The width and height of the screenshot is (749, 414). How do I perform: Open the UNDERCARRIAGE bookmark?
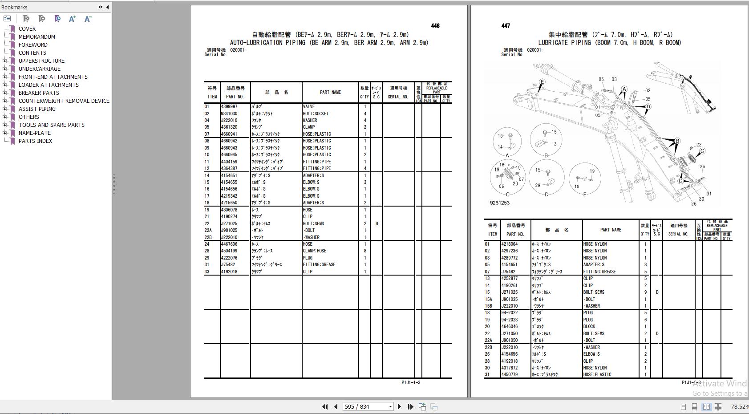39,69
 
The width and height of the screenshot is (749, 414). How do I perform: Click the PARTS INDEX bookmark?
35,141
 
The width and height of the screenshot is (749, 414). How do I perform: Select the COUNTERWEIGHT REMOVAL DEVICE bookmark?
64,101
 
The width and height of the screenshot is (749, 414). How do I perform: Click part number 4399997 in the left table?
229,107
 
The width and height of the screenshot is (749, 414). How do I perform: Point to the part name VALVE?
309,107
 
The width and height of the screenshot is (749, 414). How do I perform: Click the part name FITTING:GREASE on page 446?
319,265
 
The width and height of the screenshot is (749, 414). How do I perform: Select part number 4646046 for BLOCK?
510,327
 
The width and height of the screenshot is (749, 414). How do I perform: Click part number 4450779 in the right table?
510,375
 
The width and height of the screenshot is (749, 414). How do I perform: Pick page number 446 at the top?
435,26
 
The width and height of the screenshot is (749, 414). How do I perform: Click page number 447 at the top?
506,26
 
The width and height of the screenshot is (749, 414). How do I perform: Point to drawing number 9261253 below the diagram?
500,203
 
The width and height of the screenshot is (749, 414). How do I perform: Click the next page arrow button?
399,406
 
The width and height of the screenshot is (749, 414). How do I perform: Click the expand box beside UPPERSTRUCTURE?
5,61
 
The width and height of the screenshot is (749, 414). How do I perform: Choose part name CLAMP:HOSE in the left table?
315,251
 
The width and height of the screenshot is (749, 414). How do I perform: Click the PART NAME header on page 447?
611,230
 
